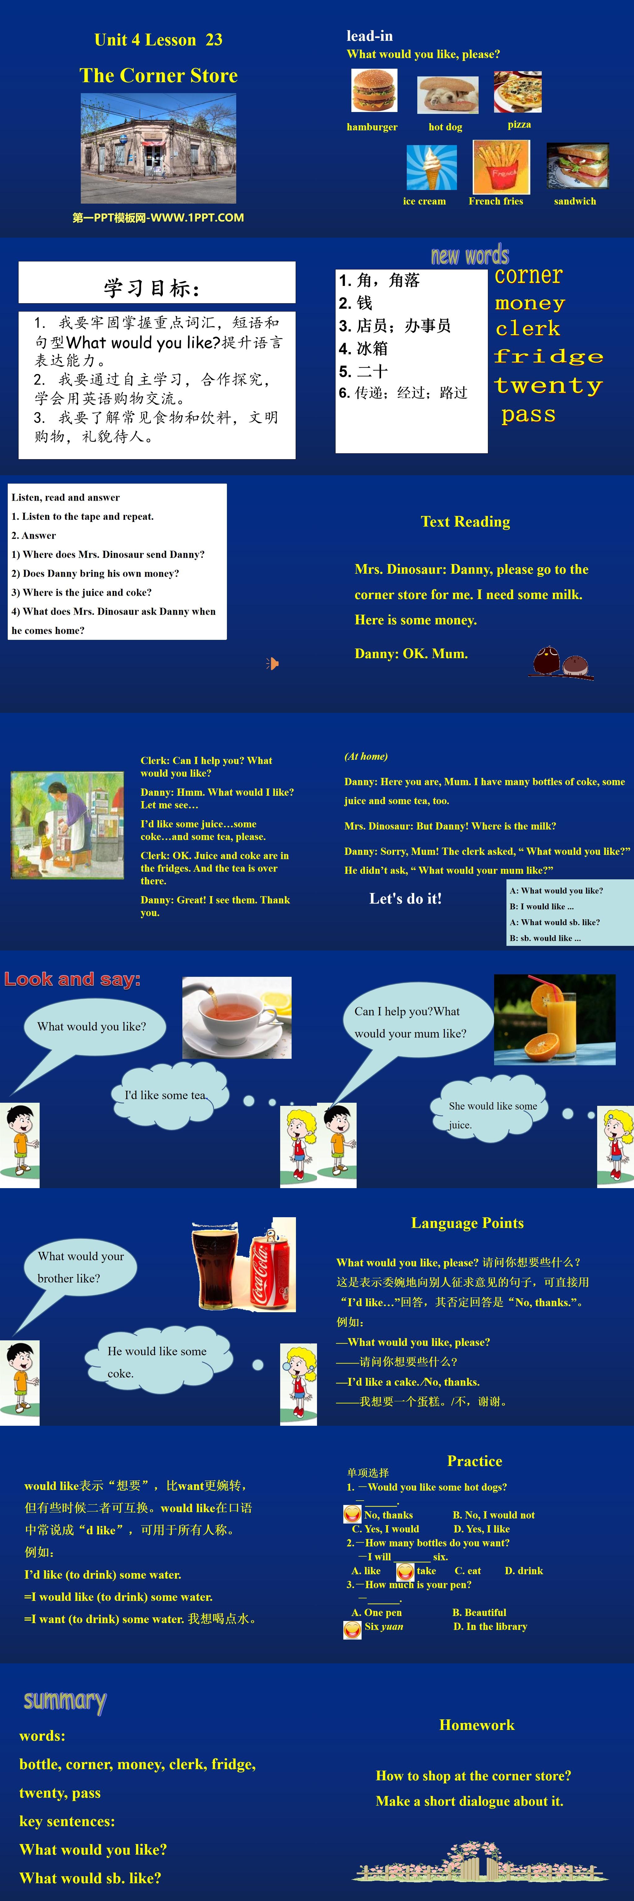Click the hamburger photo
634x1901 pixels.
374,91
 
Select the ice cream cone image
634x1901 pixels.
431,167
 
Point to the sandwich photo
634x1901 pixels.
577,166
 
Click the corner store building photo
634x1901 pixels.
158,148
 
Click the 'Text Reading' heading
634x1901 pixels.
465,522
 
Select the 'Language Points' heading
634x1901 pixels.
467,1223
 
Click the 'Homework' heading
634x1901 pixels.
477,1725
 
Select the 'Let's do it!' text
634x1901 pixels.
405,898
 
